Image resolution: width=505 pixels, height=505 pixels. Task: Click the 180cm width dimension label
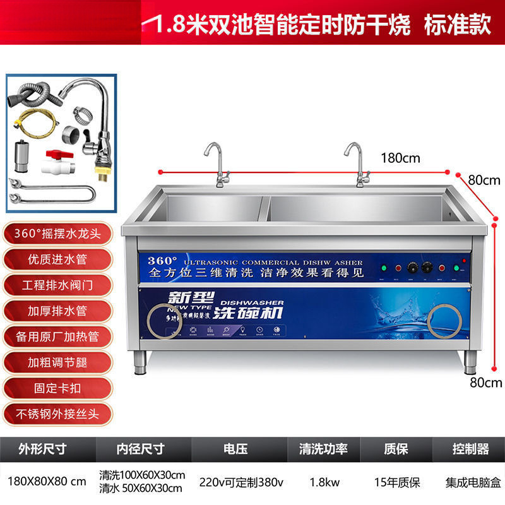[400, 158]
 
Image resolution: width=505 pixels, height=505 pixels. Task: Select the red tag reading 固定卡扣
[57, 387]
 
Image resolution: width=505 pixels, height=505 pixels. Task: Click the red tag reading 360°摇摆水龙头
[57, 233]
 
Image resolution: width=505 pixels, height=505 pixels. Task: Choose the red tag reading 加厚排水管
[57, 310]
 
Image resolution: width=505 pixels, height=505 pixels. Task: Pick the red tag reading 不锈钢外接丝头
[57, 413]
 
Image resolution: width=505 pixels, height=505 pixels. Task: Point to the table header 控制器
[471, 449]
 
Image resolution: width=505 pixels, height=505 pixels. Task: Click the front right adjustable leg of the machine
[470, 362]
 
